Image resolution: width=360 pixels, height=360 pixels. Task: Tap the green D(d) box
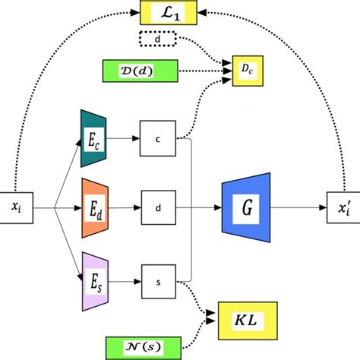coord(139,71)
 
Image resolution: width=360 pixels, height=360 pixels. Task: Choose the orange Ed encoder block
coord(95,205)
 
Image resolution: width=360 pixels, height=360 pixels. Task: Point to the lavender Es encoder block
coord(95,282)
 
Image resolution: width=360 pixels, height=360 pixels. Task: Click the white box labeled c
coord(157,138)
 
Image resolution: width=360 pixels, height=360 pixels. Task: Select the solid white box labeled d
coord(157,205)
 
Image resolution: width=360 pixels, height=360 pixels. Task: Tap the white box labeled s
coord(157,282)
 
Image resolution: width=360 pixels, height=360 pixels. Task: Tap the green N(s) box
coord(140,347)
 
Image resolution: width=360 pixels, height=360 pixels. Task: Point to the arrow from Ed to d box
coord(126,205)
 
